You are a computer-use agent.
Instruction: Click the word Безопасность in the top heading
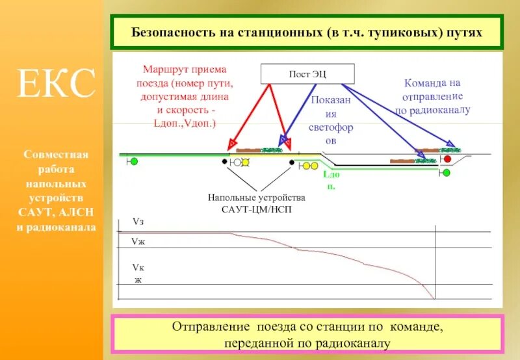coord(171,32)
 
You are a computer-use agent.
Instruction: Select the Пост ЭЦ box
coord(307,73)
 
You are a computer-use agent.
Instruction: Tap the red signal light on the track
coord(447,159)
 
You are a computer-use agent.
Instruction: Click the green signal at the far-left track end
coord(134,161)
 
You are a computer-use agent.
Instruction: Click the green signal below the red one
coord(446,173)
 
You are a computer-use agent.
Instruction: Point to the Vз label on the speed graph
coord(138,222)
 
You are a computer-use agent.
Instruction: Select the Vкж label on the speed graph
coord(138,273)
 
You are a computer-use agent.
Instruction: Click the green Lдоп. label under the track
coord(330,181)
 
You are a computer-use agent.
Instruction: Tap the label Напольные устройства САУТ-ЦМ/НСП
coord(256,203)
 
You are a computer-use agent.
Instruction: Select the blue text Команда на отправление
coord(432,97)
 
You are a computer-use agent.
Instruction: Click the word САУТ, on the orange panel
coord(38,212)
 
